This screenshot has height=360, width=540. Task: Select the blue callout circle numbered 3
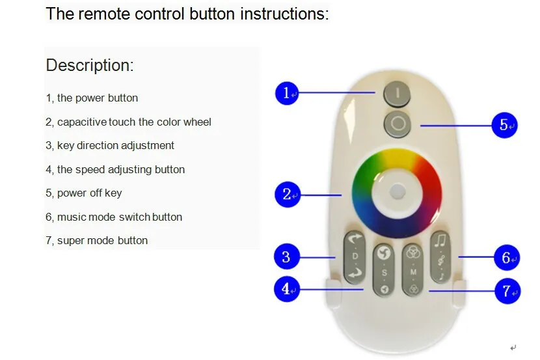286,256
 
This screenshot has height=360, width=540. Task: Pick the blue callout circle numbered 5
504,124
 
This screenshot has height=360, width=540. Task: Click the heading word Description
89,65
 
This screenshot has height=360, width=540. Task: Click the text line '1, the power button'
92,98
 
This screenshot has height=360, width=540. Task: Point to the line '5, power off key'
83,193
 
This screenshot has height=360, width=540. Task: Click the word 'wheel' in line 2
197,122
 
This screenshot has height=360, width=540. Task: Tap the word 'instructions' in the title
284,14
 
